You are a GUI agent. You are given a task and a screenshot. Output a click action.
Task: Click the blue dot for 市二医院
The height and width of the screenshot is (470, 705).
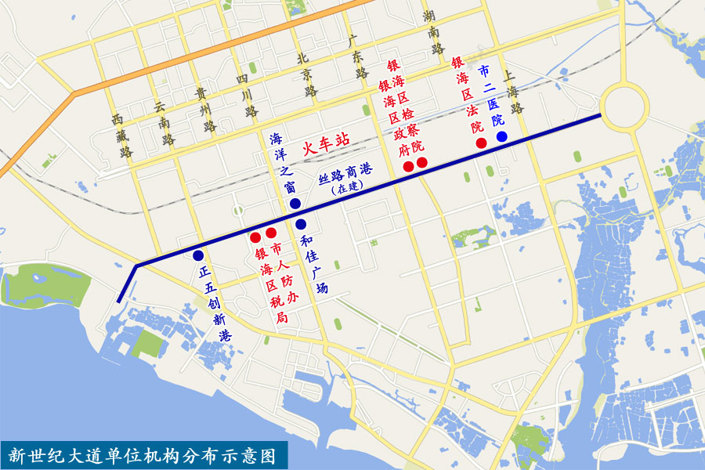(501, 136)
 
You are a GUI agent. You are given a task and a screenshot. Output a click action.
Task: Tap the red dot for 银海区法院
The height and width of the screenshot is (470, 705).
(482, 142)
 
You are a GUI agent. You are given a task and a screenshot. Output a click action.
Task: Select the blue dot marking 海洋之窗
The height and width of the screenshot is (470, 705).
(295, 204)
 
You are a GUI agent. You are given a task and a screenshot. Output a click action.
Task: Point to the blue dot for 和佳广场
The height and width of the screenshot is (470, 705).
(300, 225)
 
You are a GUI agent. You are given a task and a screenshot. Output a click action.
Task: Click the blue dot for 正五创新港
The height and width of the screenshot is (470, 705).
(198, 255)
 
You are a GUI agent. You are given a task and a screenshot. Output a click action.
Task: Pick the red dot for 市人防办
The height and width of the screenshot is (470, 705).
(271, 233)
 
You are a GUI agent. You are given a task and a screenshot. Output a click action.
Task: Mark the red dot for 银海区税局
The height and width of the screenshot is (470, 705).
(255, 237)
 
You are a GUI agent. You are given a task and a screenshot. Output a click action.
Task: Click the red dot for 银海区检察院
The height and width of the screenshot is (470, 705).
(421, 163)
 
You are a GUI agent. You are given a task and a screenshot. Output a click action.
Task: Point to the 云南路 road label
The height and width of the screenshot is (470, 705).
(164, 124)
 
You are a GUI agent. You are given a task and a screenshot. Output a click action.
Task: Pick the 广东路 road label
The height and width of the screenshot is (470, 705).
(357, 55)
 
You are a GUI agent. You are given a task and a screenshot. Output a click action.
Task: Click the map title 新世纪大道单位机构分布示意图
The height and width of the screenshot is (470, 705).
(143, 454)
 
